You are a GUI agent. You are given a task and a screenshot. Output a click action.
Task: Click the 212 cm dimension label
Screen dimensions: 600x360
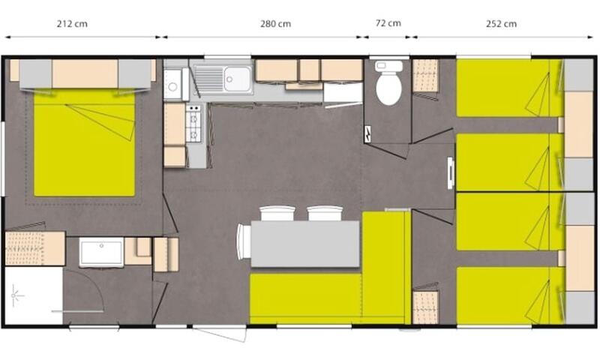pos(72,24)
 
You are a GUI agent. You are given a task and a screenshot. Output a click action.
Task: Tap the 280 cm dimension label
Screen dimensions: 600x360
pos(275,24)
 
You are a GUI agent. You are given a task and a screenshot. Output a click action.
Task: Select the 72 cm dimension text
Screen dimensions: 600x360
pos(388,23)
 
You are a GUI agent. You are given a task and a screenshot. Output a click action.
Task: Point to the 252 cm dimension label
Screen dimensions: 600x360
pos(501,24)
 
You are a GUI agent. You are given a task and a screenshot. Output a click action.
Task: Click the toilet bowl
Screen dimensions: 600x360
pos(388,82)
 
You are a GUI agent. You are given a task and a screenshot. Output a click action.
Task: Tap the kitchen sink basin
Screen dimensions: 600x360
pos(238,79)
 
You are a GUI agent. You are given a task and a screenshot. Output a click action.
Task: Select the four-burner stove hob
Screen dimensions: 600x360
pos(193,123)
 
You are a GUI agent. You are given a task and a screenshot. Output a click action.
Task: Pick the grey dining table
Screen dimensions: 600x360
pos(305,244)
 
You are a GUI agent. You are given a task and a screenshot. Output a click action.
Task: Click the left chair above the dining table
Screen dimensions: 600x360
pos(277,213)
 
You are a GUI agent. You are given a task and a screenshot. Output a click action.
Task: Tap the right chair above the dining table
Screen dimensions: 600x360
pos(325,213)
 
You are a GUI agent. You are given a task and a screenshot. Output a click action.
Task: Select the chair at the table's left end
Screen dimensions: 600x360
pos(243,241)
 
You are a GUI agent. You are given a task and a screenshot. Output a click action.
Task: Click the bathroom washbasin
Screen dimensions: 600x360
pos(101,252)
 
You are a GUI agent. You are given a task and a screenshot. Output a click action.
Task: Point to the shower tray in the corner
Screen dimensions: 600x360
pos(33,295)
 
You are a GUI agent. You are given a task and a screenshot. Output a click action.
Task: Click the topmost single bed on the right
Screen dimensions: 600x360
pos(510,88)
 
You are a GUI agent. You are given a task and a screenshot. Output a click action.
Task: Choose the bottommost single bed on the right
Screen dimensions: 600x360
pos(510,295)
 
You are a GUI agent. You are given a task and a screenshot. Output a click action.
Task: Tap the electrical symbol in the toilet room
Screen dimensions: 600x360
pos(368,134)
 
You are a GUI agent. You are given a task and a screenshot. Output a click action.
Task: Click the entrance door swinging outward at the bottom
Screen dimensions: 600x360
pos(219,333)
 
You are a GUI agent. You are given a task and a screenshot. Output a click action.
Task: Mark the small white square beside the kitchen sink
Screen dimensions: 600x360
pos(173,85)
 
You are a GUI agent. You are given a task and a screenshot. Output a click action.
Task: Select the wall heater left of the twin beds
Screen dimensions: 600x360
pos(451,173)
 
